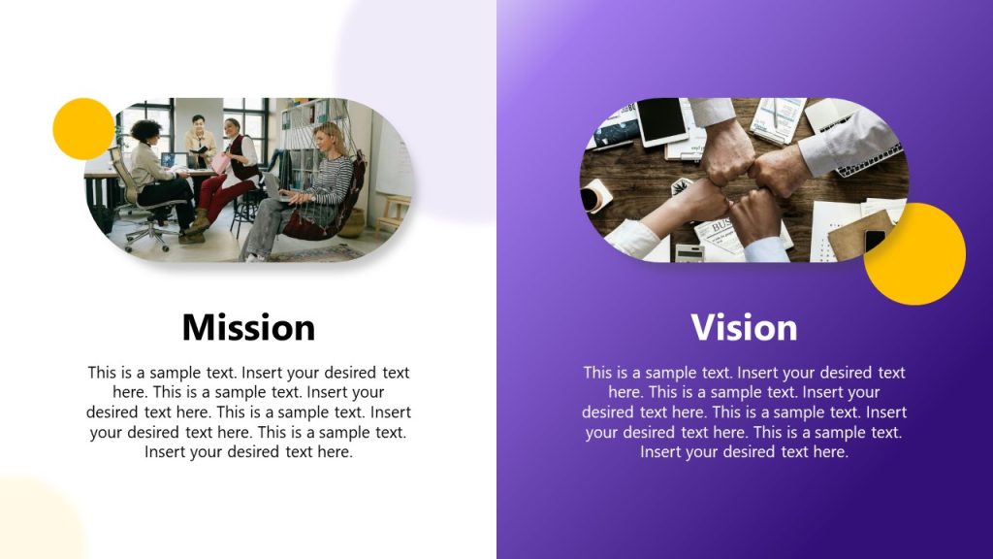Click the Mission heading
pyautogui.click(x=248, y=327)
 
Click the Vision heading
pyautogui.click(x=744, y=327)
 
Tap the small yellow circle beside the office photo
pyautogui.click(x=83, y=128)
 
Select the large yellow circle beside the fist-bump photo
pyautogui.click(x=914, y=254)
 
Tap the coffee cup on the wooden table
pyautogui.click(x=593, y=198)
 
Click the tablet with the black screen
pyautogui.click(x=663, y=120)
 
